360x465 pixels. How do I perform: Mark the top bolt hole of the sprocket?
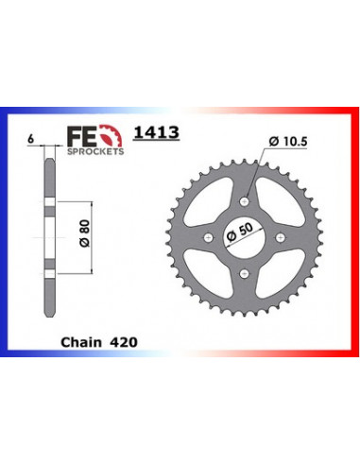[248, 197]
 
